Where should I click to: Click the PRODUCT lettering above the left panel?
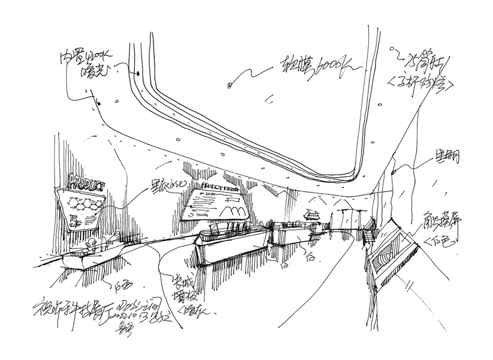point(87,179)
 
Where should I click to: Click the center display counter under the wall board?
point(230,247)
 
